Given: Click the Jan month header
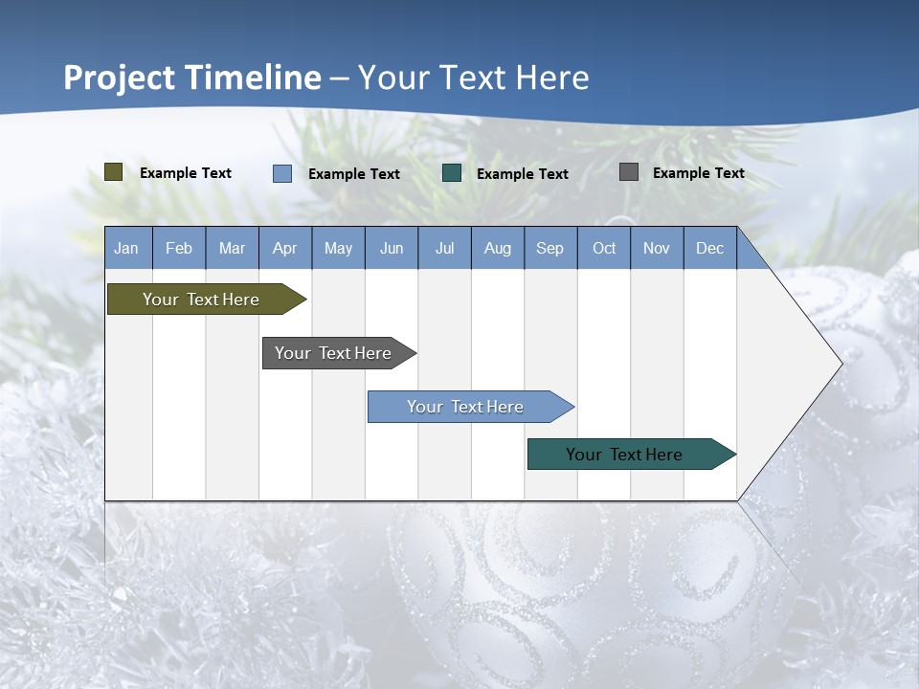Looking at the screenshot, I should [126, 248].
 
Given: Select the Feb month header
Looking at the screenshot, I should [179, 248].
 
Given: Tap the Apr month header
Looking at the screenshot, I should [285, 248].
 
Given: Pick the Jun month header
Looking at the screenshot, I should [392, 248].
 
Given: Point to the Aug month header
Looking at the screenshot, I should [498, 248].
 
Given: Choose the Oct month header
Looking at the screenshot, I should [604, 248].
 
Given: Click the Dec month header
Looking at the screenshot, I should [710, 248].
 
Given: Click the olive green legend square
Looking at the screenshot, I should [114, 172].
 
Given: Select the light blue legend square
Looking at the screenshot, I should [282, 173].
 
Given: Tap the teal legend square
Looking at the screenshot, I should [452, 173].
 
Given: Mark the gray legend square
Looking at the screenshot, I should [629, 172].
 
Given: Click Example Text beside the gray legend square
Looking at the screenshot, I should [699, 173].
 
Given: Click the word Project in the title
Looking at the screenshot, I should [119, 78].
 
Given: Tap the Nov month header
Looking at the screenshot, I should [657, 248].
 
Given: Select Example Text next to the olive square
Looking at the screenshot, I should [186, 173].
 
